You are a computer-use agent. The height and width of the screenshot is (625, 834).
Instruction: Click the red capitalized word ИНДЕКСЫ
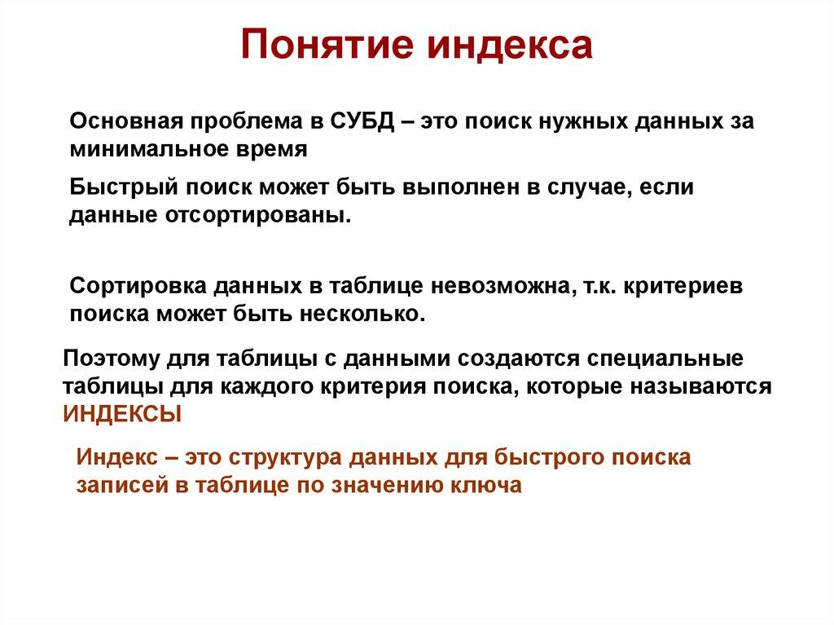tap(122, 412)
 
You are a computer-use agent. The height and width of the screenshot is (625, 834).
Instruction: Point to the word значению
tap(385, 484)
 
